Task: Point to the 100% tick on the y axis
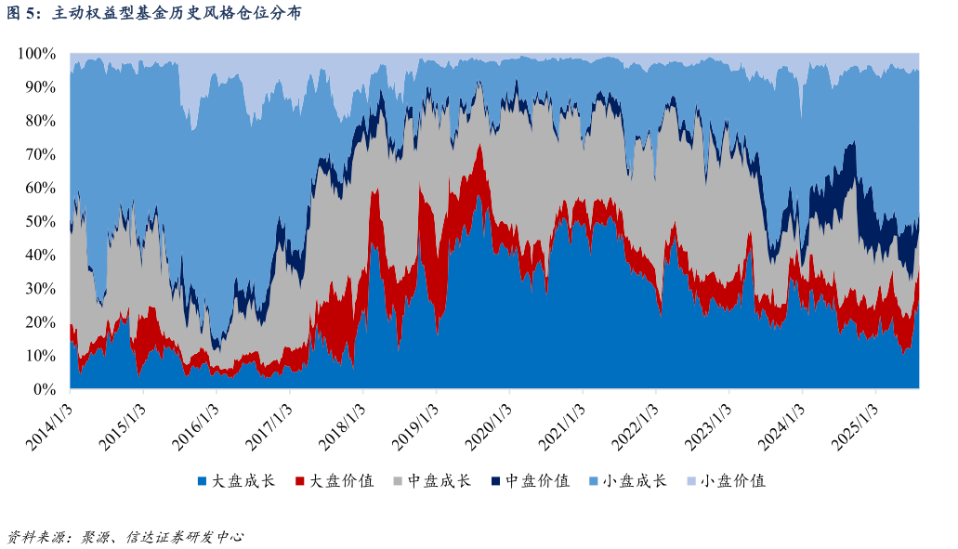38,54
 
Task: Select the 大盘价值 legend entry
341,481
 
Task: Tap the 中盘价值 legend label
536,481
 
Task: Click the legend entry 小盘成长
635,481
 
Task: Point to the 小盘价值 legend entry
733,481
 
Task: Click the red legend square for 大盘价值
300,481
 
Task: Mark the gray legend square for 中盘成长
398,481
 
